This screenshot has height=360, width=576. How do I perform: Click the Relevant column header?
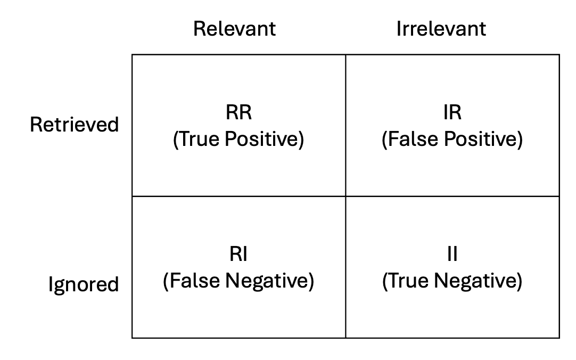tap(234, 29)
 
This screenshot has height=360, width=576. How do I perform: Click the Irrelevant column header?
tap(441, 29)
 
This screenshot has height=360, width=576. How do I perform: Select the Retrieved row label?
tap(74, 124)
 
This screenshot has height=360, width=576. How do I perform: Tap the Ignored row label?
tap(84, 284)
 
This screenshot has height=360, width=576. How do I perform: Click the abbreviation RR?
tap(239, 112)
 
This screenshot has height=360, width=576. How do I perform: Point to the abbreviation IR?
tap(452, 112)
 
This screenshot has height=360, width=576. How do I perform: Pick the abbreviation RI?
tap(238, 254)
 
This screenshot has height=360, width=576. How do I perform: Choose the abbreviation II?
tap(452, 254)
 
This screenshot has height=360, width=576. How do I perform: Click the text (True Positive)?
tap(238, 139)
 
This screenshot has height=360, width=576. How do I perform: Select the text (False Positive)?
tap(452, 139)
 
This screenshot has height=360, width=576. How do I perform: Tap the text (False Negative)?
tap(238, 281)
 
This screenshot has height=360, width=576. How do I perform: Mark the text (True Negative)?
tap(452, 281)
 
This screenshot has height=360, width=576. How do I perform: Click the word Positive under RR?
tap(261, 139)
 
